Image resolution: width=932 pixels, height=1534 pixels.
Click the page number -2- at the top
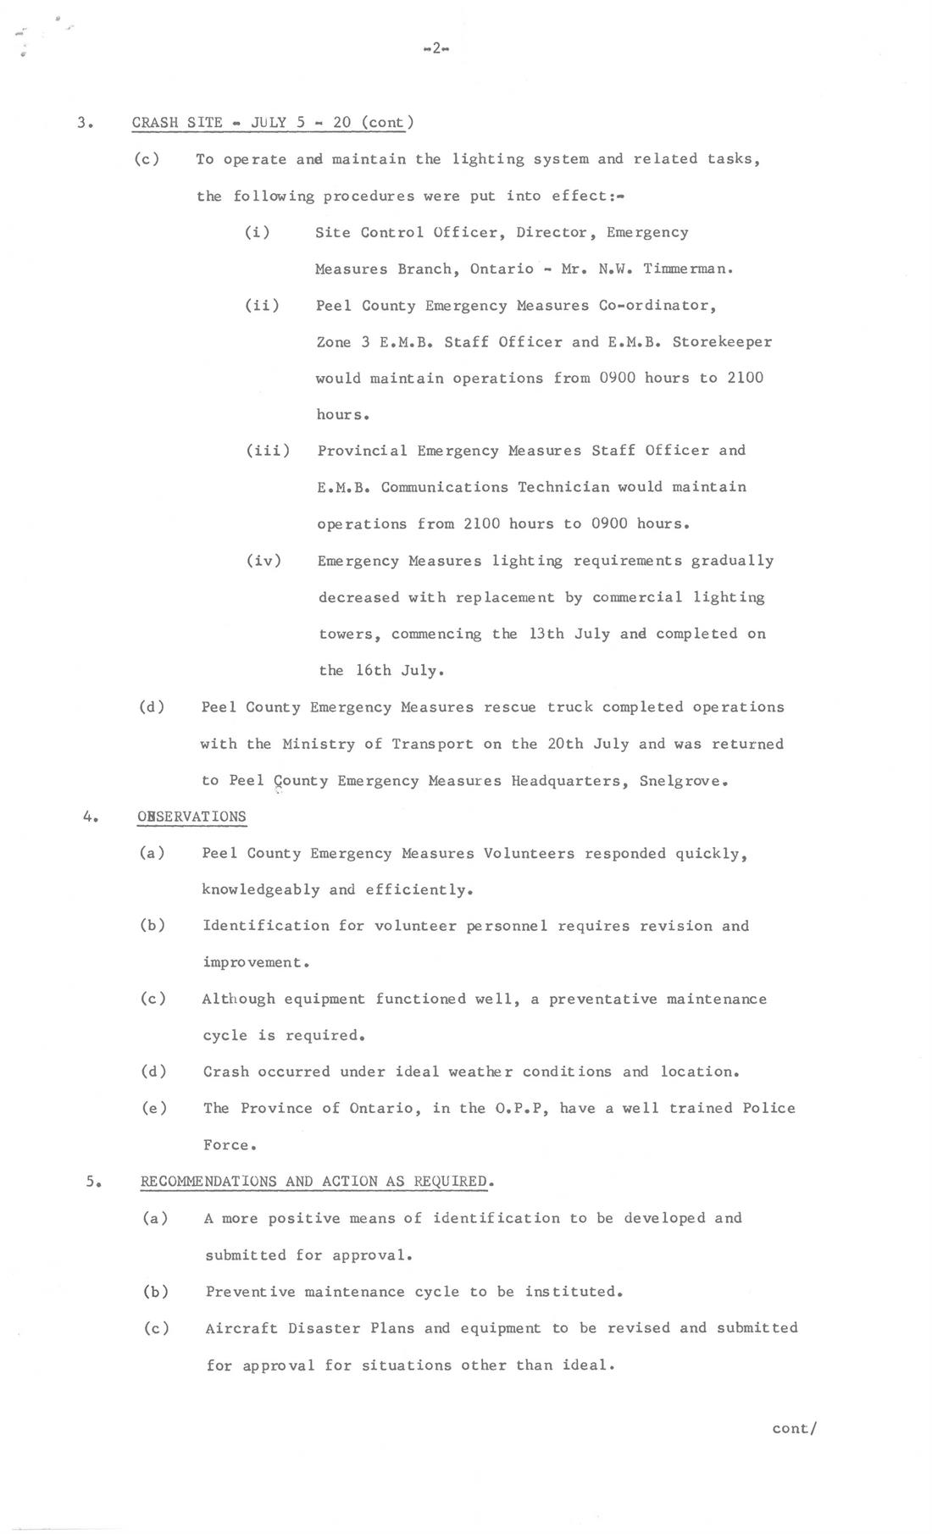(x=435, y=48)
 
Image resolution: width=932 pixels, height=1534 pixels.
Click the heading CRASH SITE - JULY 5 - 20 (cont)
(x=273, y=122)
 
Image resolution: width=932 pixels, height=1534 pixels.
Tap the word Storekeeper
(x=722, y=342)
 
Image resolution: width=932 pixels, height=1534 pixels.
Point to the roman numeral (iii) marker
(x=268, y=451)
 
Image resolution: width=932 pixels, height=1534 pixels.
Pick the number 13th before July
(x=546, y=634)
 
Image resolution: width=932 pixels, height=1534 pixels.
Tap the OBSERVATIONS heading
(x=191, y=817)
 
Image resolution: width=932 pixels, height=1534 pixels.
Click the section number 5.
(x=93, y=1182)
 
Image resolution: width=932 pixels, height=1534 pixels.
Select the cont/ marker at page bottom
(x=794, y=1428)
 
